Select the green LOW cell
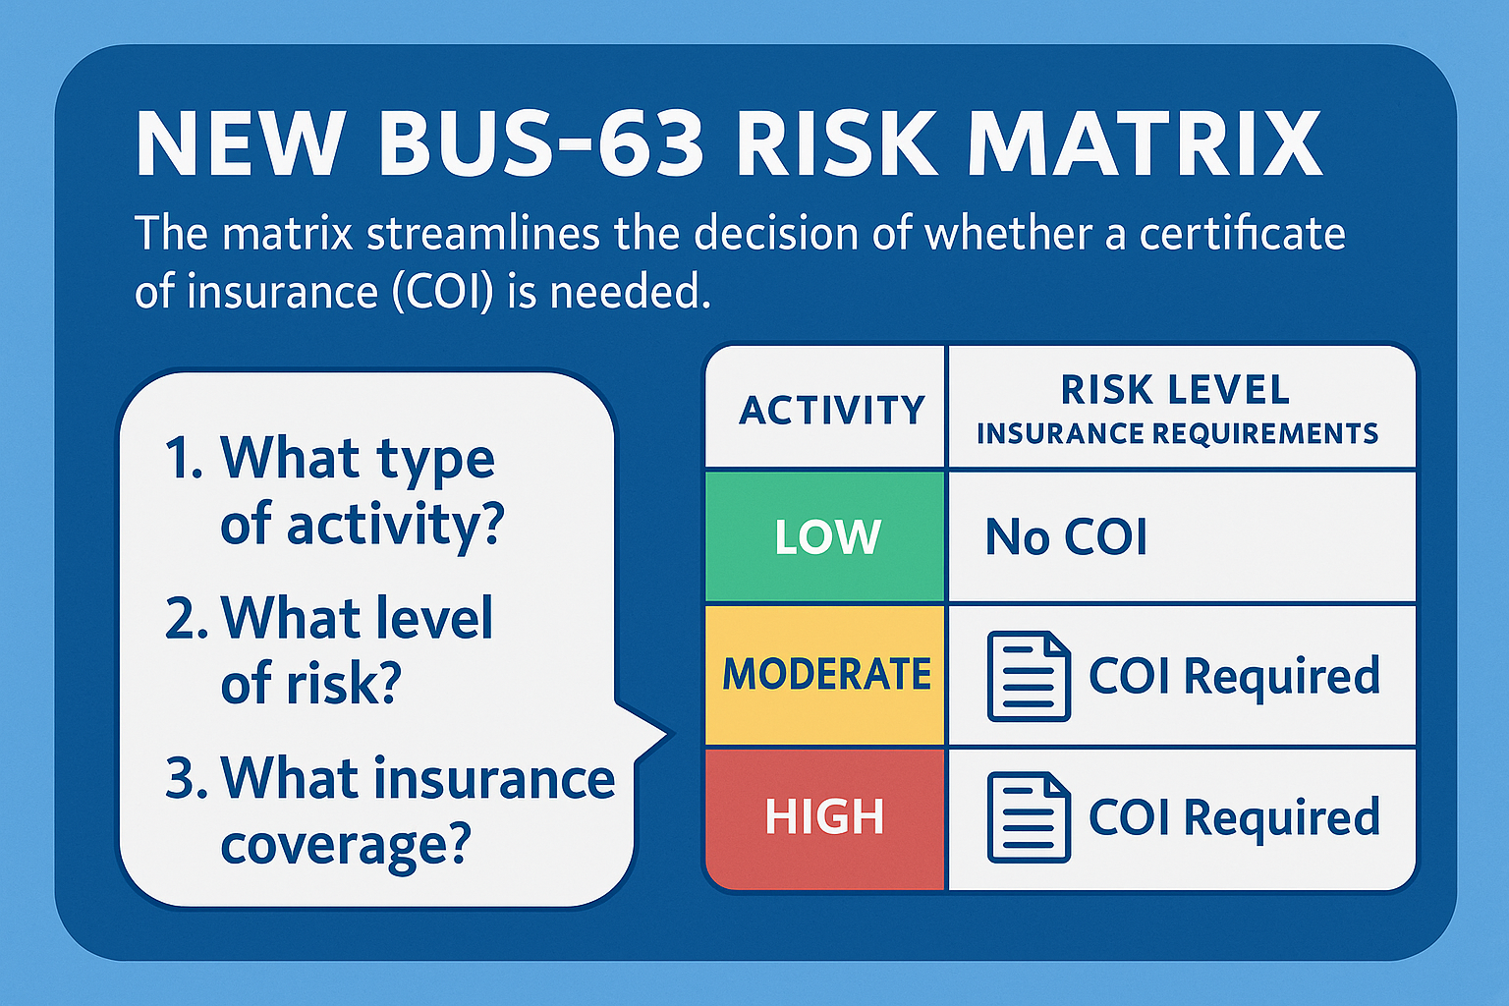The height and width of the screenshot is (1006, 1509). pyautogui.click(x=825, y=536)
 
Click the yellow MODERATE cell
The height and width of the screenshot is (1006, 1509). pyautogui.click(x=825, y=675)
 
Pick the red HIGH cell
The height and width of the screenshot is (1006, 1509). pyautogui.click(x=825, y=818)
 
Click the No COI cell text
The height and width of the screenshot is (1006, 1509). pyautogui.click(x=1066, y=537)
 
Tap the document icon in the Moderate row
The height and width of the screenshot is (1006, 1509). pyautogui.click(x=1029, y=677)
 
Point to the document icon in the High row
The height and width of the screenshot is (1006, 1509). pyautogui.click(x=1029, y=817)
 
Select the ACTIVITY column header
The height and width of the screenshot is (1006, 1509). pyautogui.click(x=832, y=410)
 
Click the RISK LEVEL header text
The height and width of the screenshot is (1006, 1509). pyautogui.click(x=1175, y=390)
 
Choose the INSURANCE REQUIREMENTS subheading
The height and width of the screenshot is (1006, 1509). pyautogui.click(x=1177, y=433)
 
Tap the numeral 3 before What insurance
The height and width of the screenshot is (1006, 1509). pyautogui.click(x=185, y=777)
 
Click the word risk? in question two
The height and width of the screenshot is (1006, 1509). pyautogui.click(x=344, y=683)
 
